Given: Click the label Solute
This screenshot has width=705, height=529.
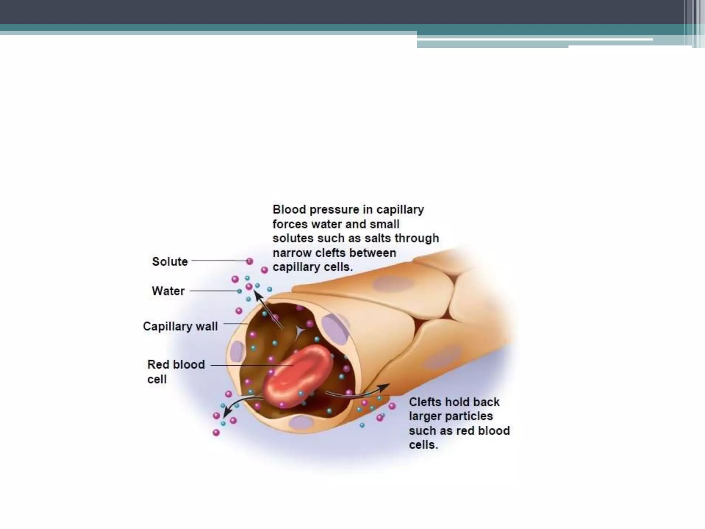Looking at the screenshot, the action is (170, 262).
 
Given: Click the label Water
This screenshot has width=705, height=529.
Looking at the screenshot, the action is (168, 291).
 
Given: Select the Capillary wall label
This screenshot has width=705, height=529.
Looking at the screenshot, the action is (180, 326).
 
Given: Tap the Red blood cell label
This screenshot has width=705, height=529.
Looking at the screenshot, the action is (176, 372).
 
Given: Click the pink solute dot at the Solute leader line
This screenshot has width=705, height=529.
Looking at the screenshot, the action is (250, 261).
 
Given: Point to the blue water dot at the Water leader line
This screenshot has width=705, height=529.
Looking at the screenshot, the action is (239, 291).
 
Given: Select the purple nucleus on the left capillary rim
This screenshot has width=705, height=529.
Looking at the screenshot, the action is (236, 351).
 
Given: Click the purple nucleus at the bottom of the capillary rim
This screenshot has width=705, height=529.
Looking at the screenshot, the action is (301, 422).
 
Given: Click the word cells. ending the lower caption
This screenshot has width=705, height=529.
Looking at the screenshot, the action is (423, 445).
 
